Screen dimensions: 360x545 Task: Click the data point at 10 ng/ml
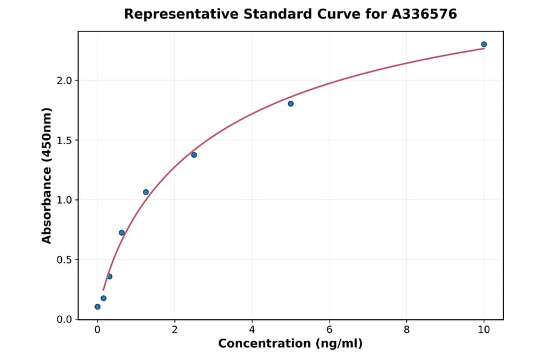pos(484,44)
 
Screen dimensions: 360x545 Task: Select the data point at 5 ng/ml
pos(291,104)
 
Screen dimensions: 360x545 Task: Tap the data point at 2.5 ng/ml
pos(194,155)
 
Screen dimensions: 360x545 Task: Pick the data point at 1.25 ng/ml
pos(146,192)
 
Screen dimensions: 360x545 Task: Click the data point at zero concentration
pos(97,307)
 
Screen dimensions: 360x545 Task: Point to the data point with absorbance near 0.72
pos(122,233)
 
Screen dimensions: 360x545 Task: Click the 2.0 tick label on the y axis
pos(64,81)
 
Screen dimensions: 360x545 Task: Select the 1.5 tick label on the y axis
pos(64,141)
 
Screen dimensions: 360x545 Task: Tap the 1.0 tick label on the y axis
pos(64,200)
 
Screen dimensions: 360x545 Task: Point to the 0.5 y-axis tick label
pos(64,260)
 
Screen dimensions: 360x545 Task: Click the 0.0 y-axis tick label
pos(64,319)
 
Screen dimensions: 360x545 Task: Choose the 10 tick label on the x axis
pos(484,330)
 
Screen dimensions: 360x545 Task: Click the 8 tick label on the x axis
pos(406,330)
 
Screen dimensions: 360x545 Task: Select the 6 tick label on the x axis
pos(329,330)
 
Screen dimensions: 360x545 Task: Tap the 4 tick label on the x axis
pos(252,330)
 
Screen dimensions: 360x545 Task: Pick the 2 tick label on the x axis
pos(174,330)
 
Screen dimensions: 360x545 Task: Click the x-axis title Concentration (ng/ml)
pos(291,344)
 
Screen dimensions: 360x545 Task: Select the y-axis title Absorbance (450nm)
pos(47,175)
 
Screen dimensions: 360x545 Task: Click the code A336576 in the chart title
pos(424,14)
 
